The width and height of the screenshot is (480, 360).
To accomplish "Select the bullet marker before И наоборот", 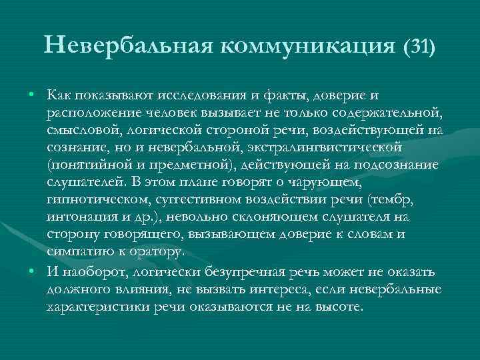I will (x=32, y=270).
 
